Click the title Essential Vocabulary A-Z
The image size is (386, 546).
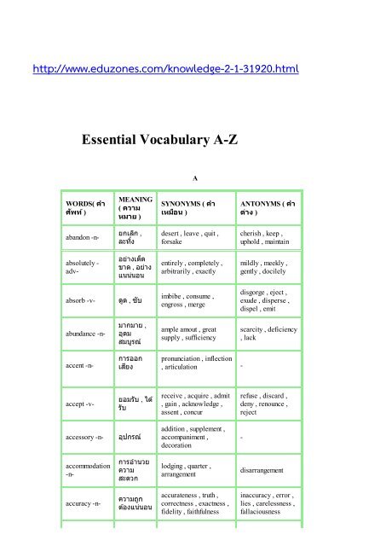(193, 134)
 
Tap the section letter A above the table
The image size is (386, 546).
(195, 177)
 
